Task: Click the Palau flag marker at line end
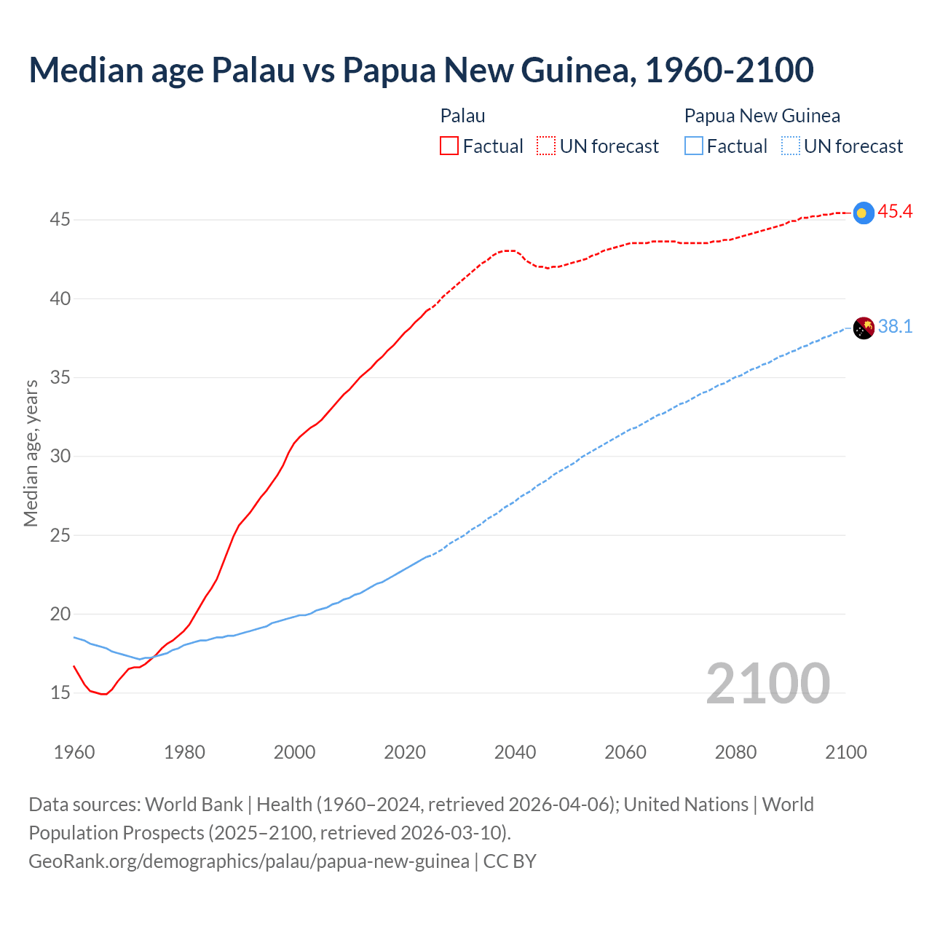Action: [863, 213]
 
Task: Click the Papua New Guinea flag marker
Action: [863, 328]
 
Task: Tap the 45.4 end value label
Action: [895, 212]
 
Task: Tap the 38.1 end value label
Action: [895, 326]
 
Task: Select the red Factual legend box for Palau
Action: [449, 146]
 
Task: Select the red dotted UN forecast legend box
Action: [546, 146]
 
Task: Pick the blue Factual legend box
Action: [694, 146]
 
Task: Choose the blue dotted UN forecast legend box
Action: [791, 146]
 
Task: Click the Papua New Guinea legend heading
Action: [762, 116]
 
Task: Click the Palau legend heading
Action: [462, 116]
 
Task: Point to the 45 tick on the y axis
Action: [60, 219]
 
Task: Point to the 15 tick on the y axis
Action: [60, 692]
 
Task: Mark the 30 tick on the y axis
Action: [60, 456]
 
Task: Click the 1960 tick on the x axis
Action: [74, 752]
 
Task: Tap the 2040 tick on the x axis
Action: [515, 752]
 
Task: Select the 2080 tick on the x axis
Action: [735, 752]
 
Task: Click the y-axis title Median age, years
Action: [31, 453]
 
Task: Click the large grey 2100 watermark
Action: [767, 683]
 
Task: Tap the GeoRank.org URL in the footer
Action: [249, 861]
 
